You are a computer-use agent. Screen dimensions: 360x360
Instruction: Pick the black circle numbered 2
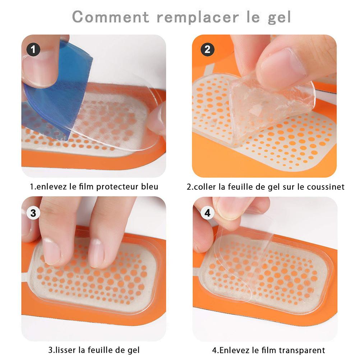(207, 49)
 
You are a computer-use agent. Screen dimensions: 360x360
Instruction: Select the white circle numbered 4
(207, 213)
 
